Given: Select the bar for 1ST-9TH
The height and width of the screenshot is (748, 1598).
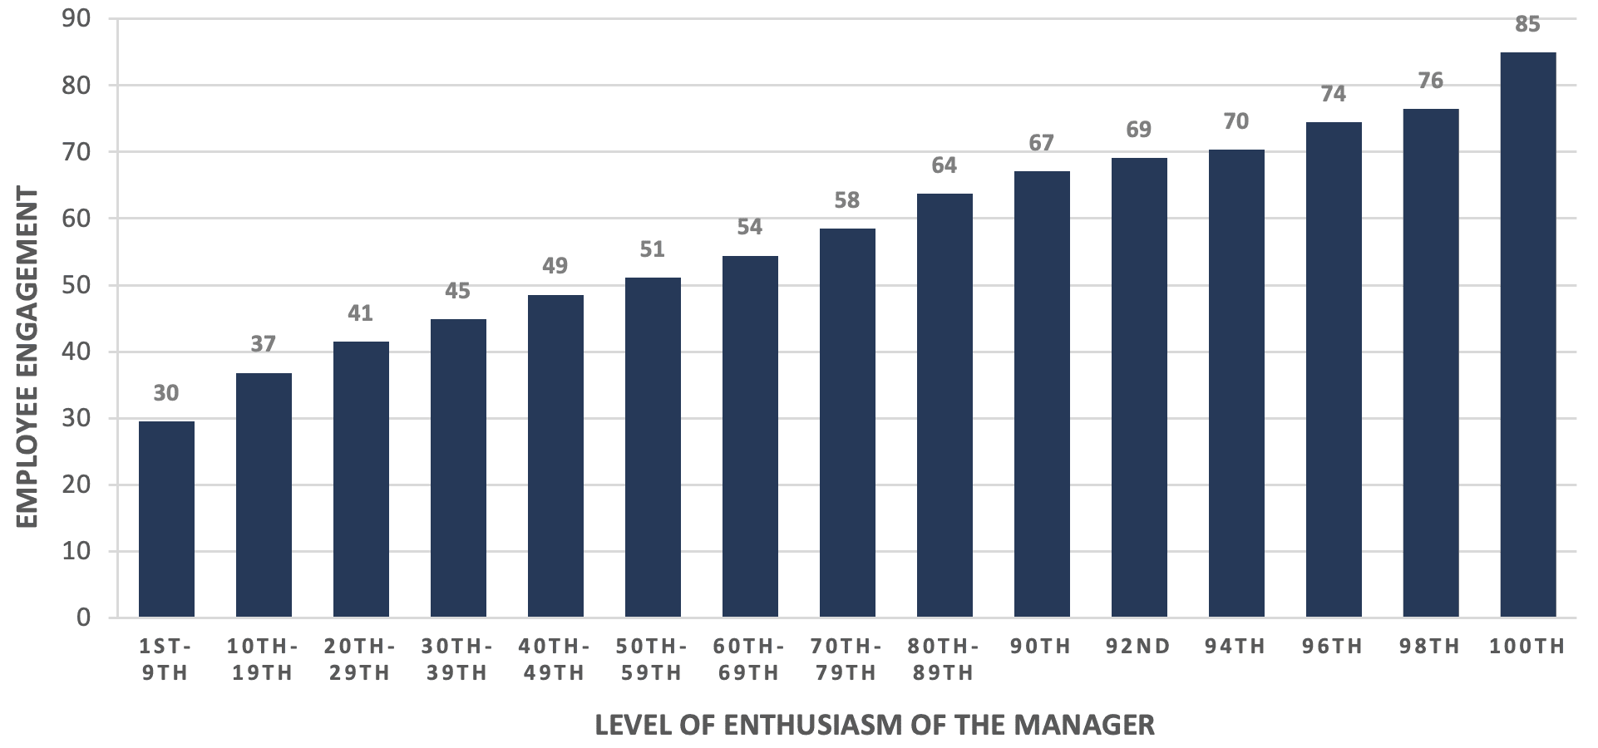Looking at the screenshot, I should [x=166, y=519].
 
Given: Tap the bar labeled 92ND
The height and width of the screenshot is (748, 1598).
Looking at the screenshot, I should [x=1138, y=387].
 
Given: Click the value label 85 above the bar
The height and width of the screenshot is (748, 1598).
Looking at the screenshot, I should [x=1527, y=25].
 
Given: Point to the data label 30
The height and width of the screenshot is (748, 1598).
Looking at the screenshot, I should [x=166, y=393].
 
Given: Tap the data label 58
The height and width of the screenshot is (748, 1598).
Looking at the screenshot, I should [x=846, y=200].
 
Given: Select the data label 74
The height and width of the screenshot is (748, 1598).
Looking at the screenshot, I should [x=1333, y=94].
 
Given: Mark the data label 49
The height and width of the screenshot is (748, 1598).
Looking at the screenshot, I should [x=555, y=266].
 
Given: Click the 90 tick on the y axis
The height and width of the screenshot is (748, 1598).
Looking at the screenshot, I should [x=76, y=18].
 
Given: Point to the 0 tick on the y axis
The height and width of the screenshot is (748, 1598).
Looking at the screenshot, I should [x=84, y=618].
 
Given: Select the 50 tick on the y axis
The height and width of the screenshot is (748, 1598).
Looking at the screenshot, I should [x=76, y=285].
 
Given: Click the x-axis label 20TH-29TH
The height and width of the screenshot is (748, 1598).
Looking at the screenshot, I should [x=360, y=659].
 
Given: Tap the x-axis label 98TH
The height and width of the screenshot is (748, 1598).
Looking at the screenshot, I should [x=1430, y=647].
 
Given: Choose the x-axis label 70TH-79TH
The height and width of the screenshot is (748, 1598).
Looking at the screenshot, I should [x=846, y=659].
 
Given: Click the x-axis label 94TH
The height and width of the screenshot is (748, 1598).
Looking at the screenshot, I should [x=1235, y=647].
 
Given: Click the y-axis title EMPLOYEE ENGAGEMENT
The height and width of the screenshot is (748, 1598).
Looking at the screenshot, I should [x=27, y=357].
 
